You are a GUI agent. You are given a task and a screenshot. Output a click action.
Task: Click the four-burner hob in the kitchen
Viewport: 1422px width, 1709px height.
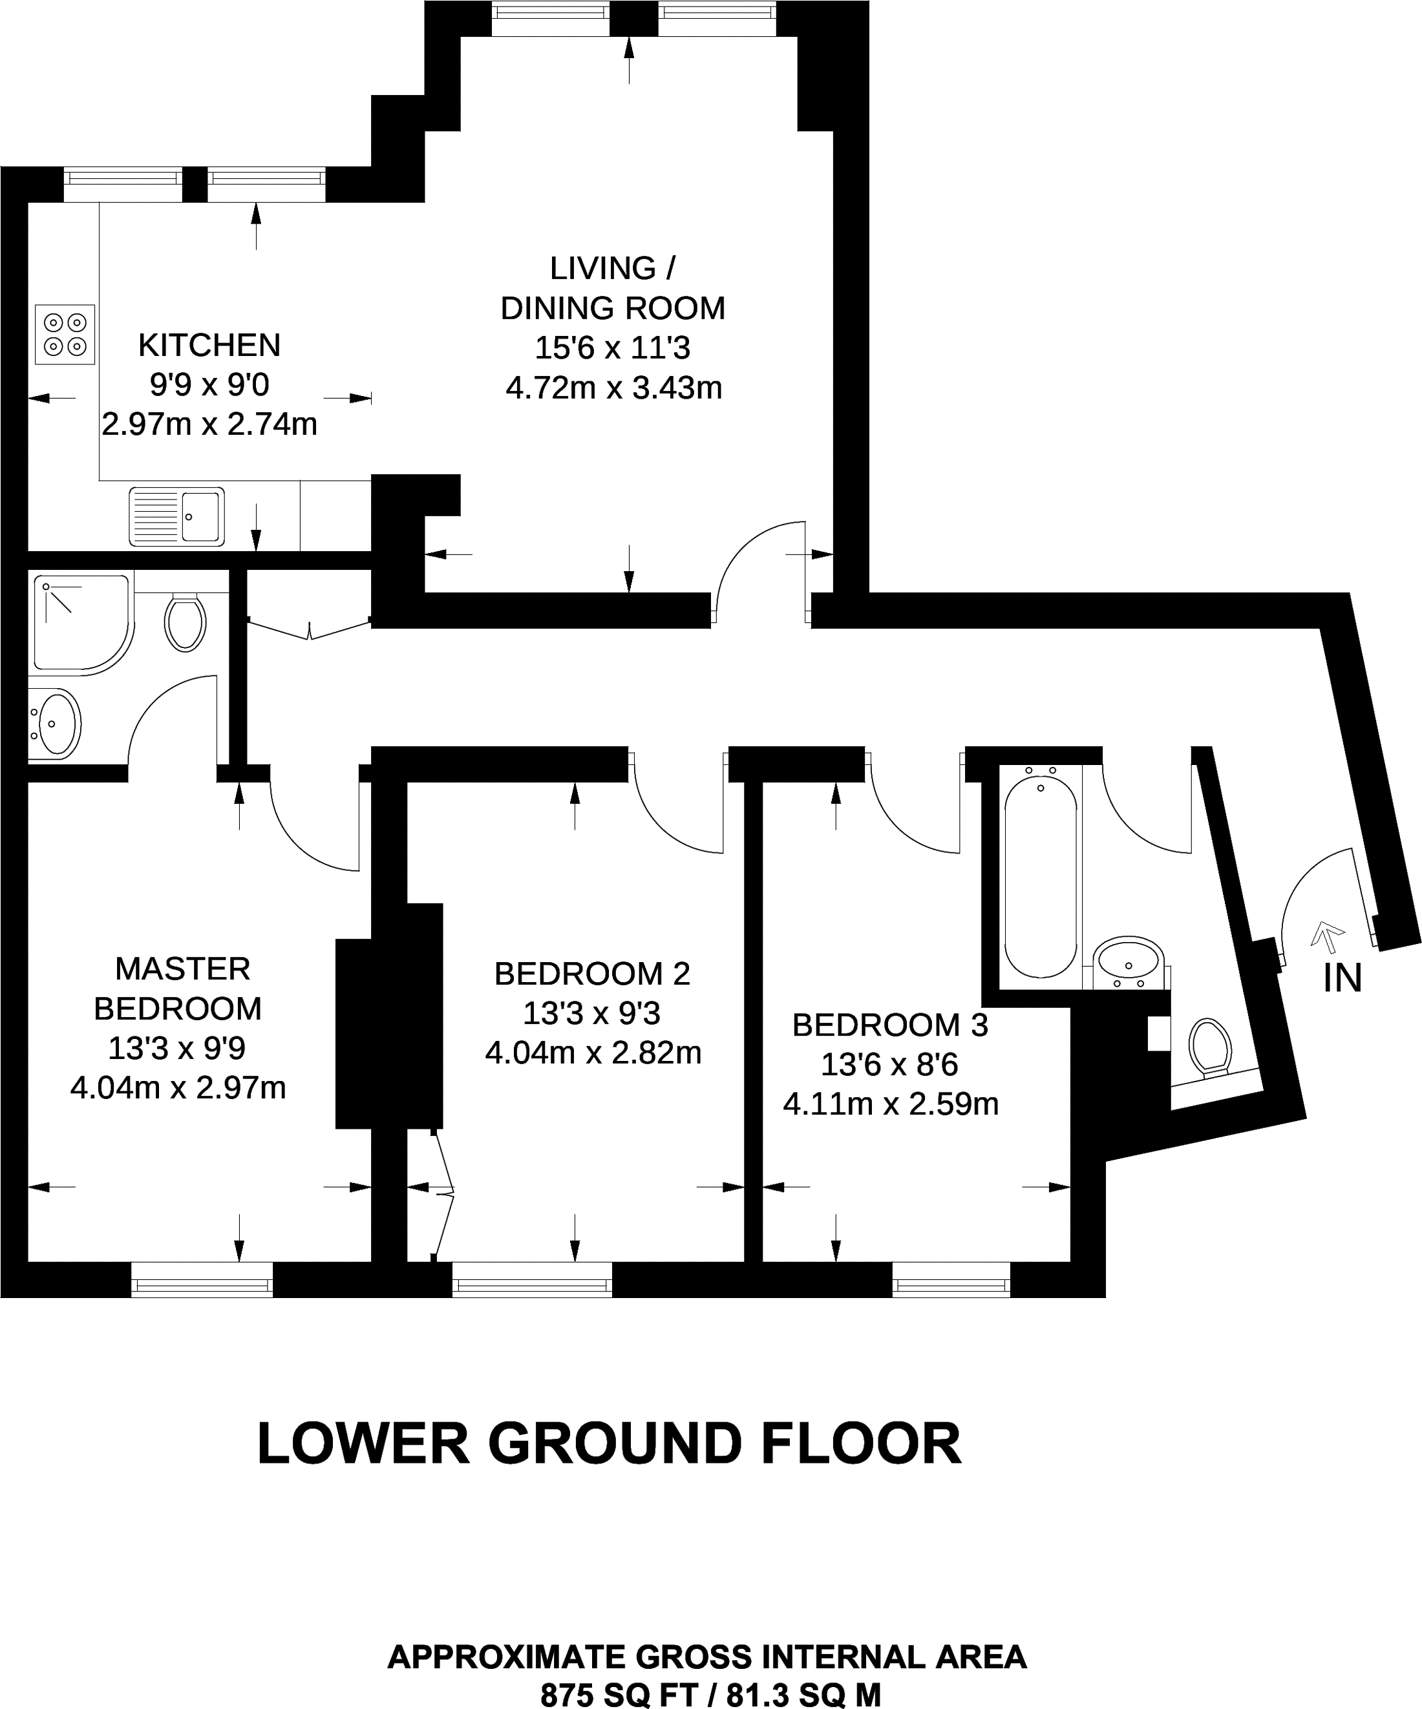click(65, 335)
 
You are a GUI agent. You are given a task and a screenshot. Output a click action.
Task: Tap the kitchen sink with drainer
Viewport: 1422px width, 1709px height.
click(176, 516)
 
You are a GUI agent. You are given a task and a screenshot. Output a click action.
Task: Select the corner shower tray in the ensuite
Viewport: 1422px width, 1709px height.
click(80, 624)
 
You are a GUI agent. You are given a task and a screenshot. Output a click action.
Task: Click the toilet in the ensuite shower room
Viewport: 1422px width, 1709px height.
click(185, 624)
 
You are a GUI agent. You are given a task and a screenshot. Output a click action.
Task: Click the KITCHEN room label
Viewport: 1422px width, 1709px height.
click(209, 345)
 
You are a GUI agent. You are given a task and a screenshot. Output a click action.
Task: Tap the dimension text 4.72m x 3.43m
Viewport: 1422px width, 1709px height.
click(614, 388)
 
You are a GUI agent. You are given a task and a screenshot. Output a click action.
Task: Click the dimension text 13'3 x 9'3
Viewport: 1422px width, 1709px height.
click(592, 1013)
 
